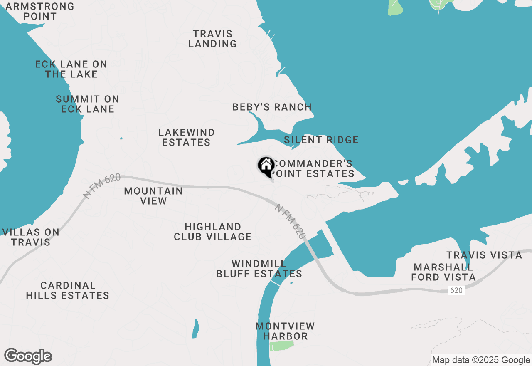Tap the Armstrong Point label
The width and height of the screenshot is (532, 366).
(x=40, y=12)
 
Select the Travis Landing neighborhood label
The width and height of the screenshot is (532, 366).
(x=212, y=39)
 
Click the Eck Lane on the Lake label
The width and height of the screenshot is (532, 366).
(x=71, y=69)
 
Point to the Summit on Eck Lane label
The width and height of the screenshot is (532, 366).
(x=87, y=104)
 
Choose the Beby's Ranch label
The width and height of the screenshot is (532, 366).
(x=272, y=107)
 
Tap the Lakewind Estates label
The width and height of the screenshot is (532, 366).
(x=187, y=137)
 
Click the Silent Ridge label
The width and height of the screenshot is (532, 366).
(x=321, y=140)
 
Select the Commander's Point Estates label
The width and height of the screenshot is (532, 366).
(x=313, y=168)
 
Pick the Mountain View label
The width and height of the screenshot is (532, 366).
(x=153, y=196)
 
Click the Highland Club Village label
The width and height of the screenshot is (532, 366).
(x=213, y=232)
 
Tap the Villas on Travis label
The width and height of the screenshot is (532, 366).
(x=31, y=237)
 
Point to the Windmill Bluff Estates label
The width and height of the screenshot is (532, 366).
(x=259, y=269)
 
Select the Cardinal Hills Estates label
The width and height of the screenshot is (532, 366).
(x=68, y=290)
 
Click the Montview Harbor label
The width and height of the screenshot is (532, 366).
(x=285, y=331)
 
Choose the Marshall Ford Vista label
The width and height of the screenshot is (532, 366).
(x=443, y=272)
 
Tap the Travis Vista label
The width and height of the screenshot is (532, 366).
(x=484, y=255)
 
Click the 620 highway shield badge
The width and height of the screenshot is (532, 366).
(x=456, y=290)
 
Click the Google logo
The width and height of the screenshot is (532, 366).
(x=28, y=356)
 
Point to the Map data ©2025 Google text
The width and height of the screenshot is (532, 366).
(x=481, y=360)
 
